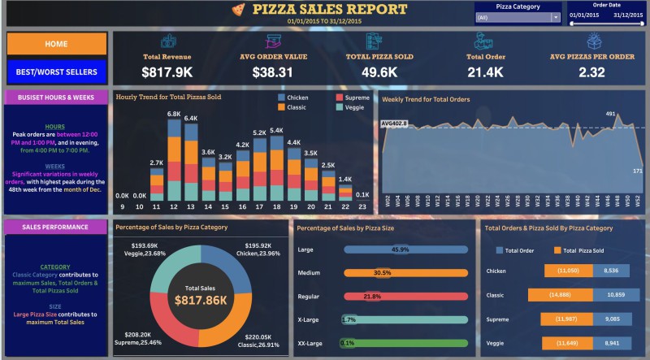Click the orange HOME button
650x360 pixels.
55,43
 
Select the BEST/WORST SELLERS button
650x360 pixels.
55,72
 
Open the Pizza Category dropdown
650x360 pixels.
518,17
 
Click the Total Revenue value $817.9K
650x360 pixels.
167,72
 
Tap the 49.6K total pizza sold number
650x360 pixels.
379,72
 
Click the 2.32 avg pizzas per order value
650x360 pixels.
591,72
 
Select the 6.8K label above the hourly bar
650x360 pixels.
173,114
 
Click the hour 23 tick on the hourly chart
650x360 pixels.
362,207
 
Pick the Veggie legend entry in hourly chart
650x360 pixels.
351,106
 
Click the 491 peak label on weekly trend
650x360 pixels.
611,114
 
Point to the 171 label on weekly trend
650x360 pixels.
639,171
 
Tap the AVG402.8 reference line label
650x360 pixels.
393,124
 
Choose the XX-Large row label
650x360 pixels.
310,344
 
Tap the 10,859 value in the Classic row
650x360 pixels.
612,297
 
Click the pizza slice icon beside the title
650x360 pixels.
237,10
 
